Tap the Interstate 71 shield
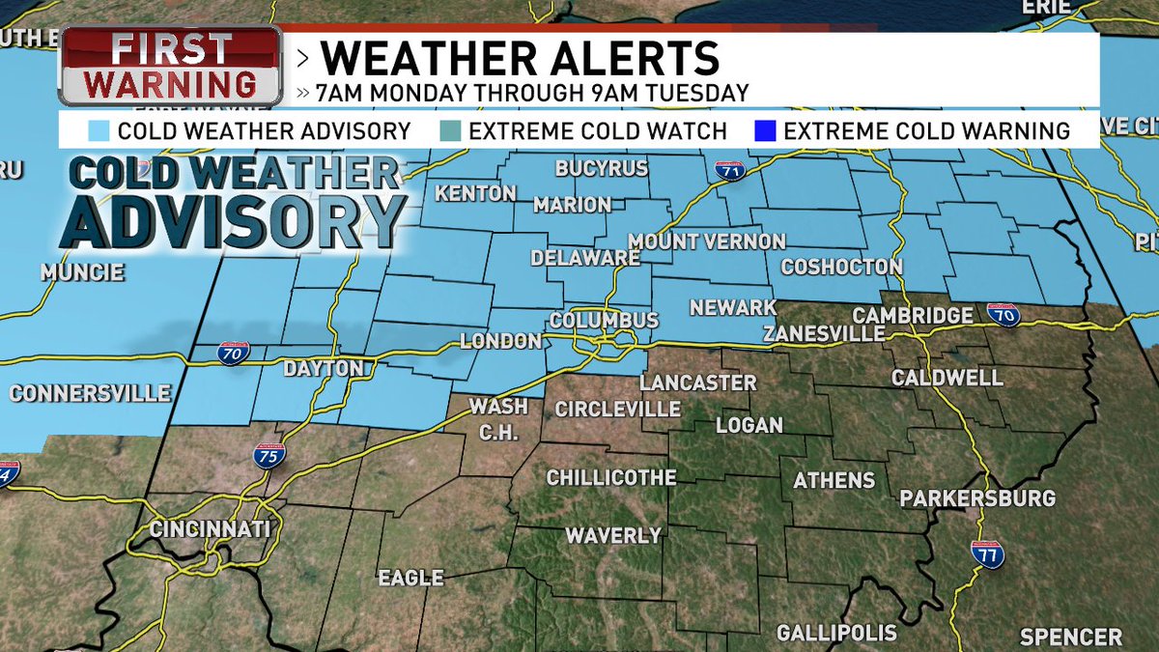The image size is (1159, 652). click(731, 171)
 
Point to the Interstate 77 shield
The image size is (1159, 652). click(987, 553)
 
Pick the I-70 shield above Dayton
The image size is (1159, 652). click(234, 353)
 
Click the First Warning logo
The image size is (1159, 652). click(170, 66)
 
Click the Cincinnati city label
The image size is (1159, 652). click(210, 529)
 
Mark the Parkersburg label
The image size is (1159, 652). click(977, 498)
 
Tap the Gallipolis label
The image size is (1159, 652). click(836, 634)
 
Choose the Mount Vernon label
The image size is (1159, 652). click(707, 241)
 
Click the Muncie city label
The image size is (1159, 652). click(82, 273)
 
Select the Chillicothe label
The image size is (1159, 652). click(611, 478)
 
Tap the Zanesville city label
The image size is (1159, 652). click(823, 333)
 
